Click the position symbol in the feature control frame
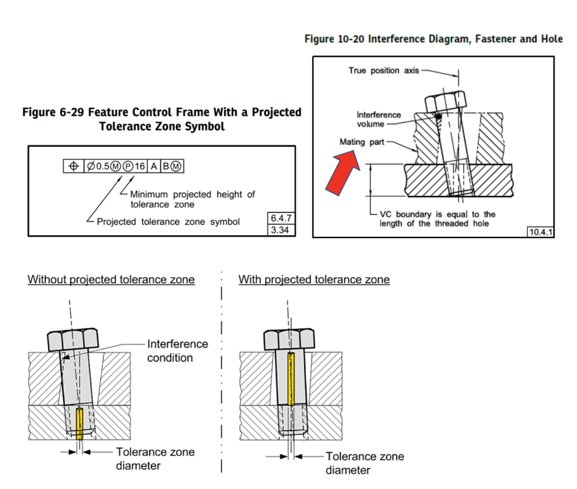pyautogui.click(x=73, y=167)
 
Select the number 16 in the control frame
pyautogui.click(x=139, y=167)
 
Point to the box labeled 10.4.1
pyautogui.click(x=540, y=232)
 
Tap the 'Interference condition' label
pyautogui.click(x=177, y=350)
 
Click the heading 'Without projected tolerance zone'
pyautogui.click(x=111, y=279)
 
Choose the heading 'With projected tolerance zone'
pyautogui.click(x=314, y=279)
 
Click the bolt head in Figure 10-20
pyautogui.click(x=444, y=101)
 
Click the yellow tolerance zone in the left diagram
pyautogui.click(x=79, y=423)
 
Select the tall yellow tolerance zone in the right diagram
pyautogui.click(x=290, y=379)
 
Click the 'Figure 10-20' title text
pyautogui.click(x=433, y=39)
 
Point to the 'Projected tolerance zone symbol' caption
pyautogui.click(x=168, y=221)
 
